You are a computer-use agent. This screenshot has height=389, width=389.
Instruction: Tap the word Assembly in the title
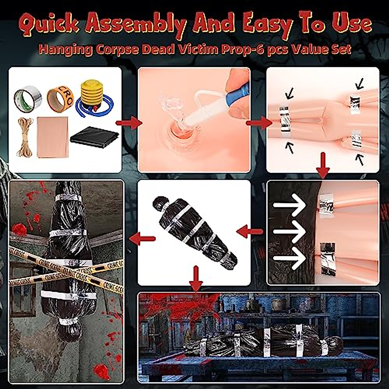(142, 25)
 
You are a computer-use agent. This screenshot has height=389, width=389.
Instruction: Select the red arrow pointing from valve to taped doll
(258, 123)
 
